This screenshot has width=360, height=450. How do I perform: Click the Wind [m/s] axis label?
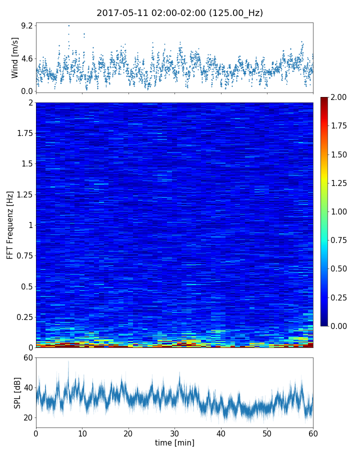[15, 57]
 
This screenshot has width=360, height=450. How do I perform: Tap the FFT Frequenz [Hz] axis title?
[10, 224]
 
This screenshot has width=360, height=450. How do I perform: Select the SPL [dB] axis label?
[18, 392]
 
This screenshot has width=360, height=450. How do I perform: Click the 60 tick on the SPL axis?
[28, 357]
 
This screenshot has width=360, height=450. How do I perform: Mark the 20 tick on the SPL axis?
[28, 417]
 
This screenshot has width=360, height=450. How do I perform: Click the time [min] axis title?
[174, 442]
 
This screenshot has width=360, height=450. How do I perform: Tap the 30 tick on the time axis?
[174, 432]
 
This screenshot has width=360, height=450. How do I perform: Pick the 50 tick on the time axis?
[267, 432]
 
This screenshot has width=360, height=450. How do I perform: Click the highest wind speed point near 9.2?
[69, 25]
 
